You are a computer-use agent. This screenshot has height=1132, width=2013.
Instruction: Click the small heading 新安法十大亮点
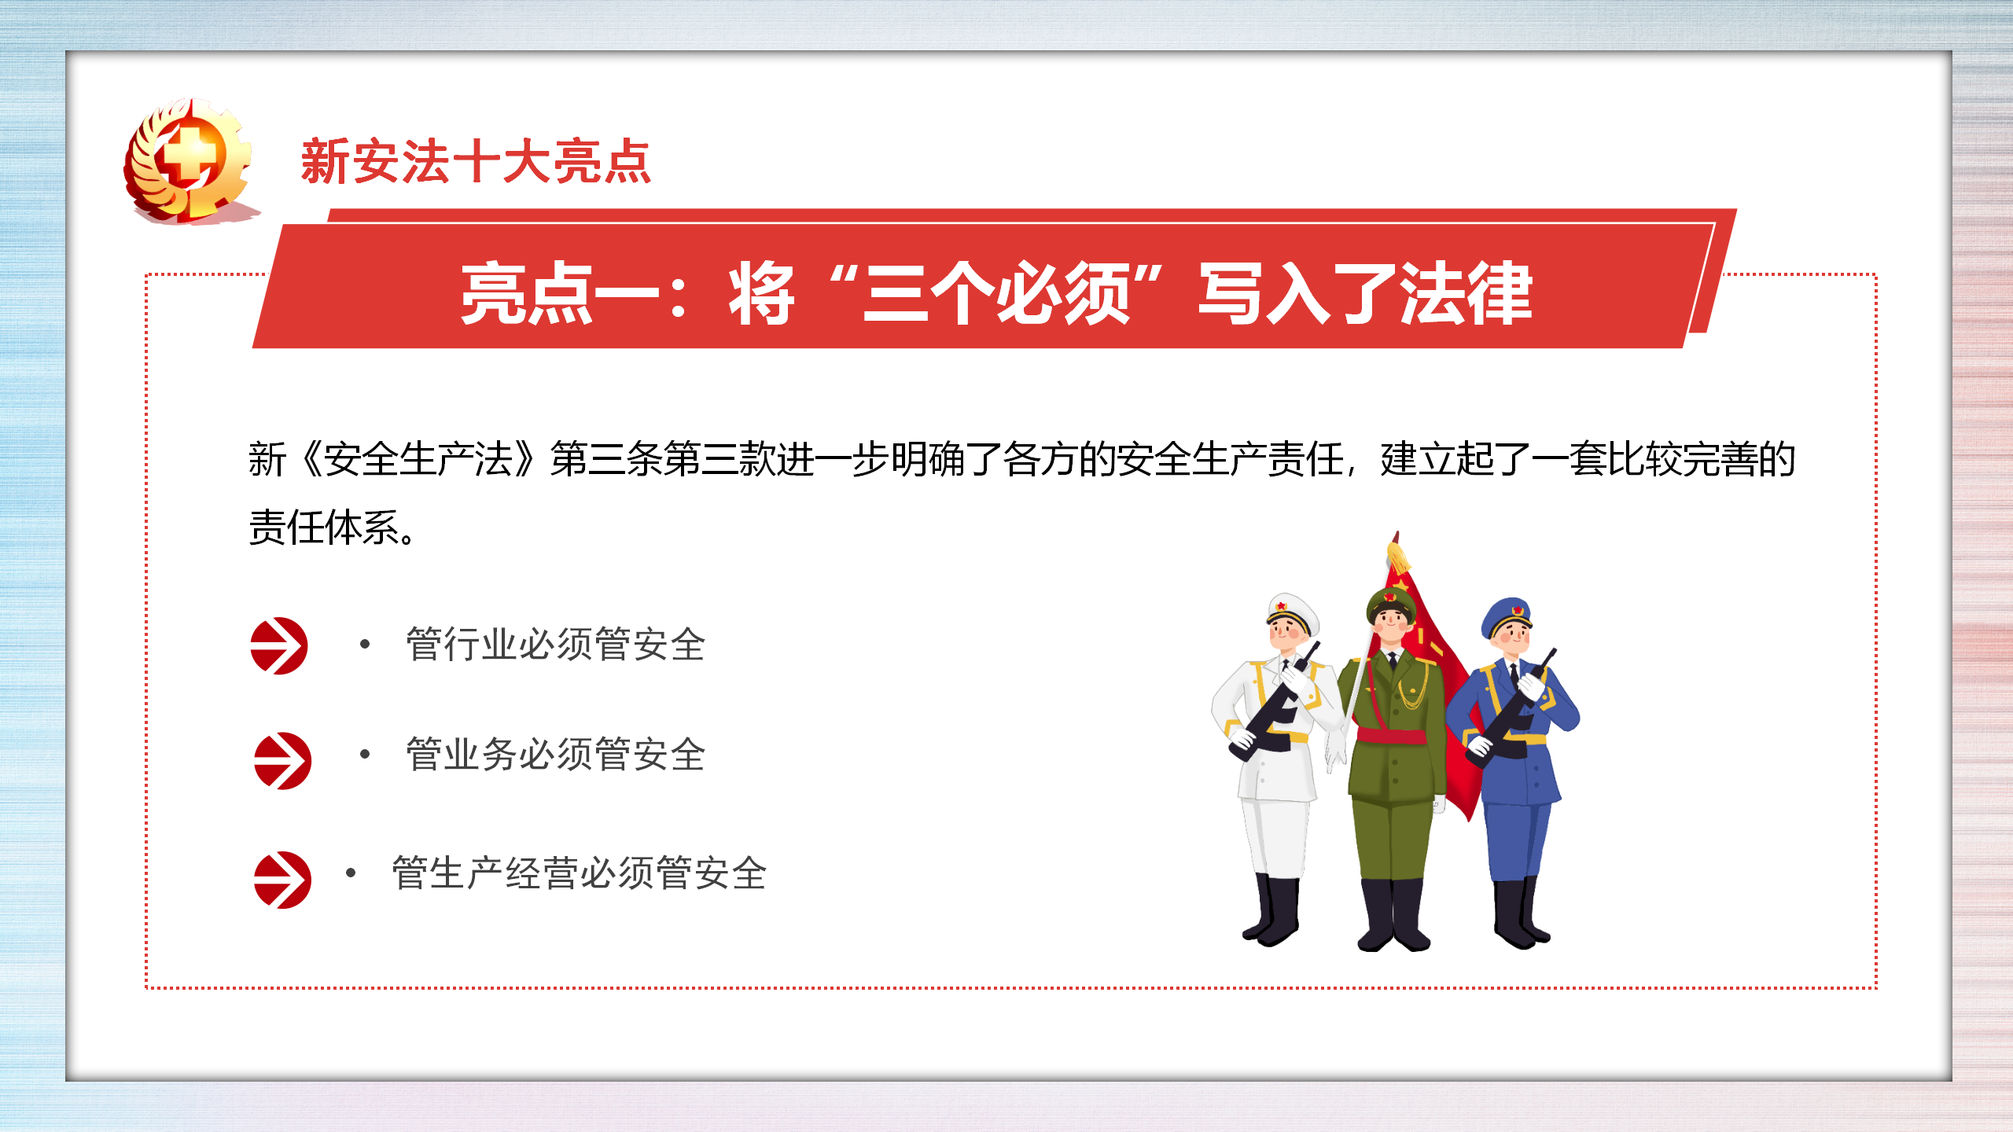pyautogui.click(x=476, y=162)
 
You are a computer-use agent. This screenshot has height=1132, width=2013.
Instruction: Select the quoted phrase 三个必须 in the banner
pyautogui.click(x=996, y=294)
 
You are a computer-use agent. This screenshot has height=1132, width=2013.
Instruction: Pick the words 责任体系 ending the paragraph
pyautogui.click(x=324, y=527)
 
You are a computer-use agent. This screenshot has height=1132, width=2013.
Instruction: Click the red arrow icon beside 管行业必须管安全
pyautogui.click(x=279, y=645)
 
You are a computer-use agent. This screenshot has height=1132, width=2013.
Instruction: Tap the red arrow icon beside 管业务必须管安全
pyautogui.click(x=282, y=761)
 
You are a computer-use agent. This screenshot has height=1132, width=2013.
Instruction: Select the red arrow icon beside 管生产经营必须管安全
pyautogui.click(x=282, y=880)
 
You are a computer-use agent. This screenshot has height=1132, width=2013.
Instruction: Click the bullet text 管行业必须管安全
pyautogui.click(x=555, y=645)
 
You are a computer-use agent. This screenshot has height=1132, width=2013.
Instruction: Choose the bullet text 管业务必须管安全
pyautogui.click(x=555, y=755)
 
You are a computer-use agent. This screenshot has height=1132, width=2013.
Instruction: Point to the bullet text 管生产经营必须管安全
pyautogui.click(x=579, y=873)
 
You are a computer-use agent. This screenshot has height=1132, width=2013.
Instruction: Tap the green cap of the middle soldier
pyautogui.click(x=1391, y=604)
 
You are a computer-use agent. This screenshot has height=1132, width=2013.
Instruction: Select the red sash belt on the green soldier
pyautogui.click(x=1392, y=737)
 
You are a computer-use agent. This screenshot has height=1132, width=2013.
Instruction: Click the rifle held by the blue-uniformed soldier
pyautogui.click(x=1511, y=707)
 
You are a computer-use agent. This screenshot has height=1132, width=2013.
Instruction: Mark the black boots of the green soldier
pyautogui.click(x=1394, y=915)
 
